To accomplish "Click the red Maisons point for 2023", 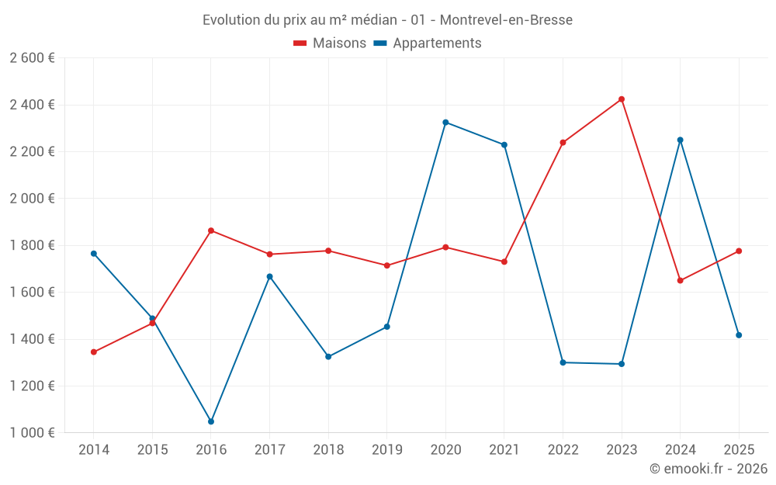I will pos(622,99).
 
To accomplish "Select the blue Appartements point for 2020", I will pos(445,123).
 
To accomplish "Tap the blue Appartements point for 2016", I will pos(211,421).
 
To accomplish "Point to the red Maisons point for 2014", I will pos(94,352).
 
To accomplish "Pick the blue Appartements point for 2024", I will pos(681,140).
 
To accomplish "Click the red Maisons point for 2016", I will pos(211,230).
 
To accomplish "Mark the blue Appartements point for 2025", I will pos(739,335).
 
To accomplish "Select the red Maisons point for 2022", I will pos(563,143).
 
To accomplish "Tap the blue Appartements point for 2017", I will pos(270,276).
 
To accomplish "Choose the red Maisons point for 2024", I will pos(681,281).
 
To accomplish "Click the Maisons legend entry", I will pos(330,43).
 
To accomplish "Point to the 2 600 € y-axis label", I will pos(32,58).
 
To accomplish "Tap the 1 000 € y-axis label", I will pos(32,433).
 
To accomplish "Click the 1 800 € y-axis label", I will pos(32,245).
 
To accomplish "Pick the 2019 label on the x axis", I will pos(387,450).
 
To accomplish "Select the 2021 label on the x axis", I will pos(504,450).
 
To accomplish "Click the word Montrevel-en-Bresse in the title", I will pos(506,20).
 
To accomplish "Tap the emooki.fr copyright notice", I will pos(708,469).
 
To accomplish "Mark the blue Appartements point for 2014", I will pos(94,254).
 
